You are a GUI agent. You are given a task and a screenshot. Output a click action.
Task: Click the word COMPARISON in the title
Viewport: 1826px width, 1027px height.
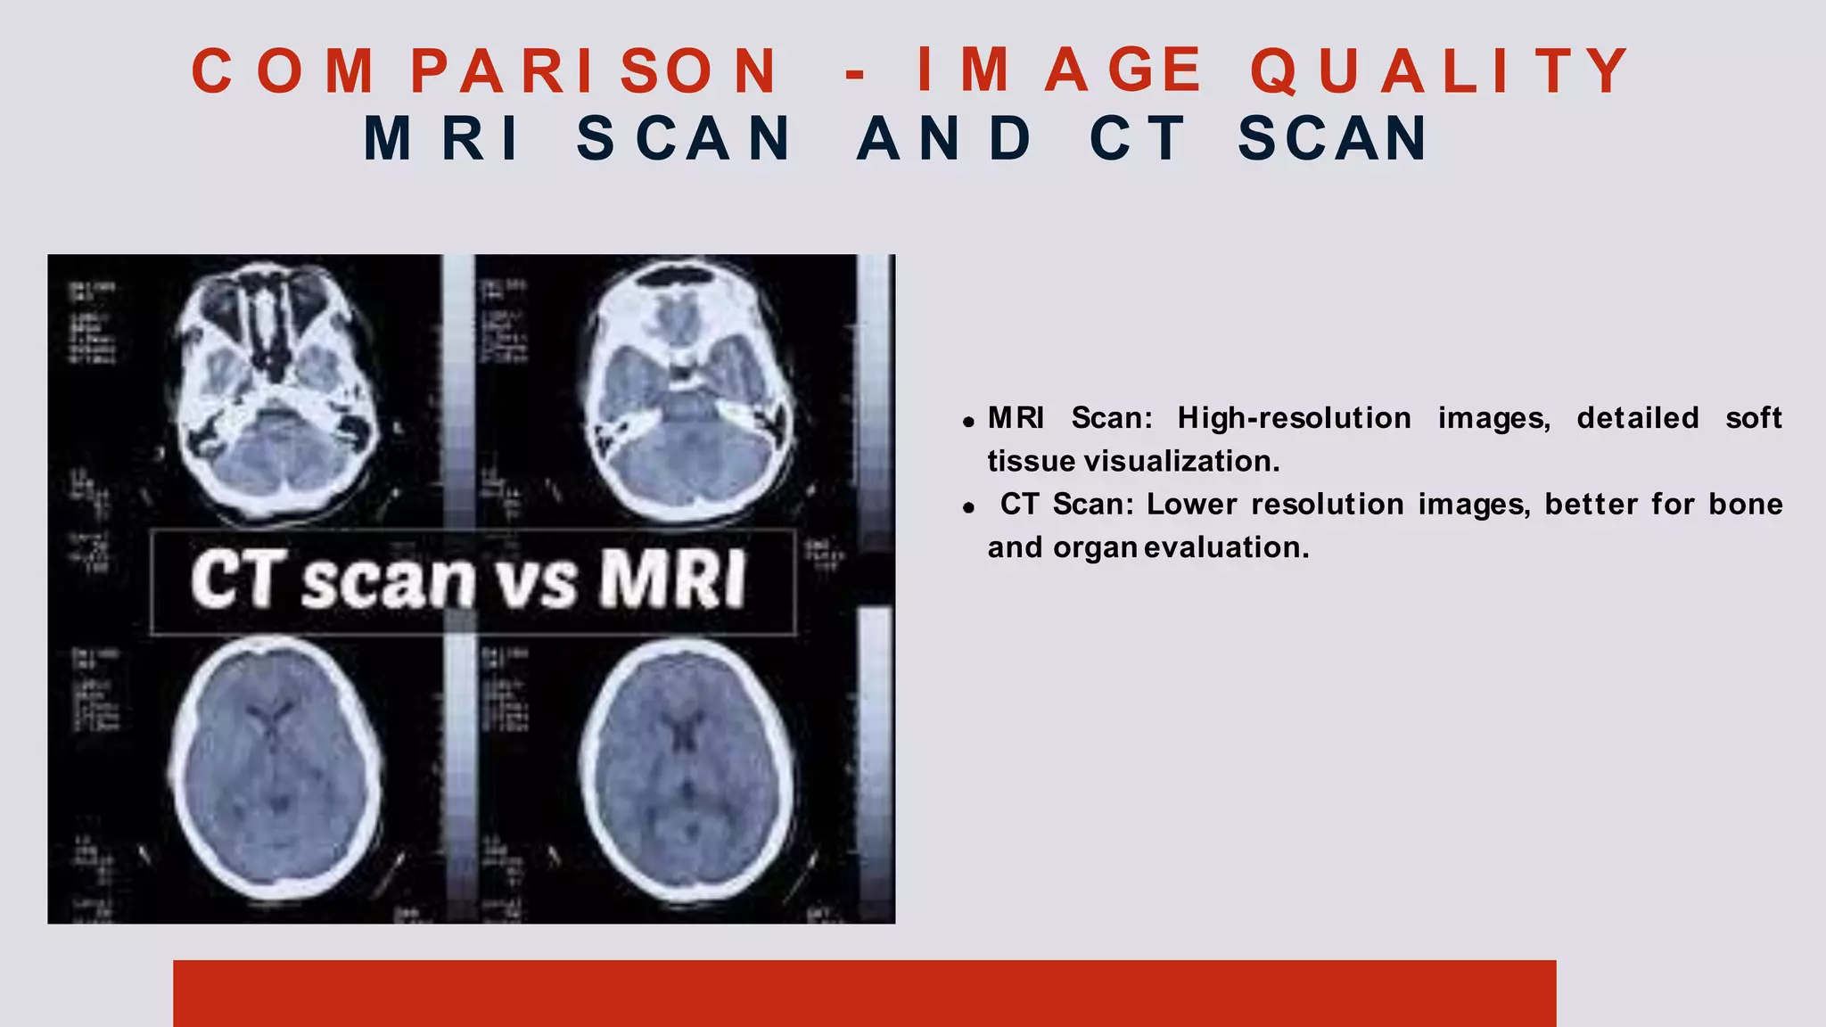tap(486, 70)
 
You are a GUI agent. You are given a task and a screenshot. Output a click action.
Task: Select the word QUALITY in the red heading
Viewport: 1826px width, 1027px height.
tap(1439, 70)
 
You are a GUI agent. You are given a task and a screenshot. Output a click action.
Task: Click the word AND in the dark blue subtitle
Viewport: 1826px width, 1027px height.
tap(944, 139)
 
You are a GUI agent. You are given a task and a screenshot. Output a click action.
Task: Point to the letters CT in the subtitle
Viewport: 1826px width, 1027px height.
tap(1138, 139)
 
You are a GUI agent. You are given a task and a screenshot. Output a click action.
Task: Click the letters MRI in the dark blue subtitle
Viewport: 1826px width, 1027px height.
tap(441, 139)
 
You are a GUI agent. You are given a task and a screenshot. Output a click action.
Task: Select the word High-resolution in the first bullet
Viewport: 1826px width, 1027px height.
tap(1294, 418)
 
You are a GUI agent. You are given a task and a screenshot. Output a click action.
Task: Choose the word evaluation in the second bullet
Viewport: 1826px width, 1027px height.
tap(1226, 547)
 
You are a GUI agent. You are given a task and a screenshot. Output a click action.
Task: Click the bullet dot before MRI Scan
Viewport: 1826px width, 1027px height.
tap(968, 422)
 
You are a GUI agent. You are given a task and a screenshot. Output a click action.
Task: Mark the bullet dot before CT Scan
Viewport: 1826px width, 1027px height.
tap(968, 508)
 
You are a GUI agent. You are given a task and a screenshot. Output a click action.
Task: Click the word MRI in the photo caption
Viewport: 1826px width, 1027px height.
tap(672, 579)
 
